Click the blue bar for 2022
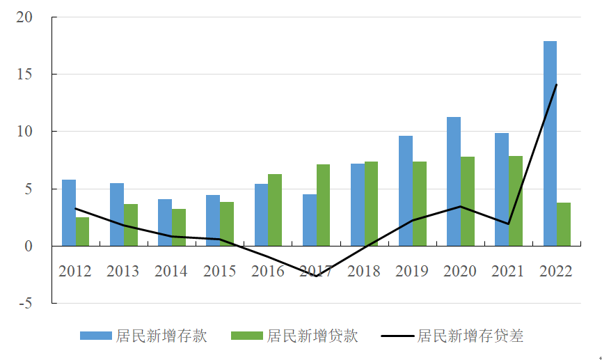550,143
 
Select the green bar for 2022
564,224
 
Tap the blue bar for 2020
454,181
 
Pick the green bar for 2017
324,205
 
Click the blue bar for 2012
69,212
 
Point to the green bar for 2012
83,231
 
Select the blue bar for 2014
165,222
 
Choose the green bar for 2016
275,210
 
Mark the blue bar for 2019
406,191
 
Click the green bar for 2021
516,201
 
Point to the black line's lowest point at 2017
317,276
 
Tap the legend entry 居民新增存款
143,336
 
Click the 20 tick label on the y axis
25,17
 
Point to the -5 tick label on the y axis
25,303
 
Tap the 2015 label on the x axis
220,271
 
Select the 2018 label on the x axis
364,271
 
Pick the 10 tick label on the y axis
25,132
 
